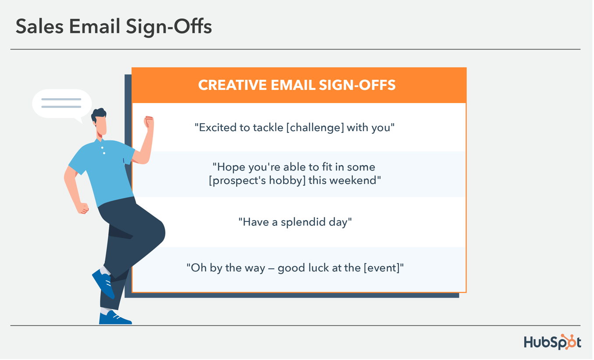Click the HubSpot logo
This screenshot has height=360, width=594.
tap(552, 342)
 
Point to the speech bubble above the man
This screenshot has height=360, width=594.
tap(61, 104)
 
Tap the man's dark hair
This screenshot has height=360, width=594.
tap(99, 115)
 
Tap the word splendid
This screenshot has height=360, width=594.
tap(296, 222)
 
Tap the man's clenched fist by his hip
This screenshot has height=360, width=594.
tap(83, 208)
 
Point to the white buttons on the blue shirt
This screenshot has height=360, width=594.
tap(103, 150)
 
